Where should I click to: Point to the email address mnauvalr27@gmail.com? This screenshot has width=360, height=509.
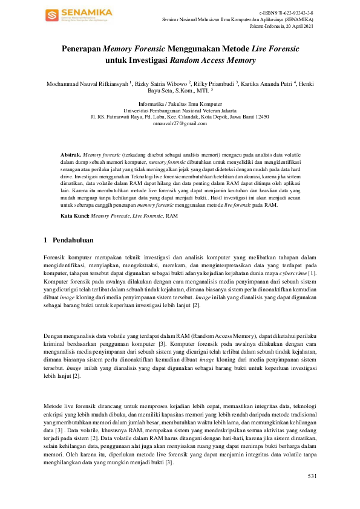coord(180,123)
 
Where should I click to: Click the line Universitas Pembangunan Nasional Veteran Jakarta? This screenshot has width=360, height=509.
coord(180,110)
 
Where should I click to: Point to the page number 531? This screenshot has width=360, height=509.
coord(312,476)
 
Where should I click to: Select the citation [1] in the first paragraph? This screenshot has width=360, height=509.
coord(312,273)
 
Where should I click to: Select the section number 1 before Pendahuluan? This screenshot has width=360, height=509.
coord(46,241)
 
